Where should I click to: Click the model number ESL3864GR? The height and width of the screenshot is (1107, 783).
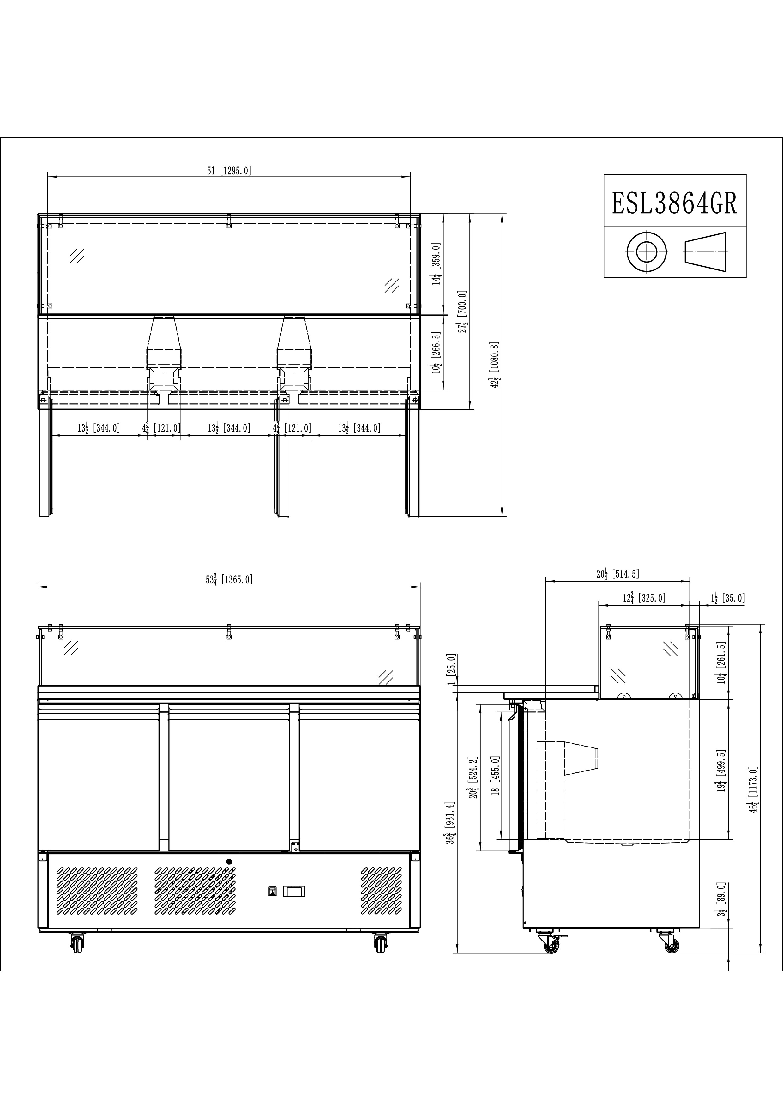click(x=675, y=203)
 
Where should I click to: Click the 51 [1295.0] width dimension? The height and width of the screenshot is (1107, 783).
click(x=229, y=171)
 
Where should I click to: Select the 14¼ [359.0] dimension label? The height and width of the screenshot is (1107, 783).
click(x=437, y=264)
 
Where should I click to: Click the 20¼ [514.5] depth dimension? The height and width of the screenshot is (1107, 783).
click(x=617, y=574)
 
